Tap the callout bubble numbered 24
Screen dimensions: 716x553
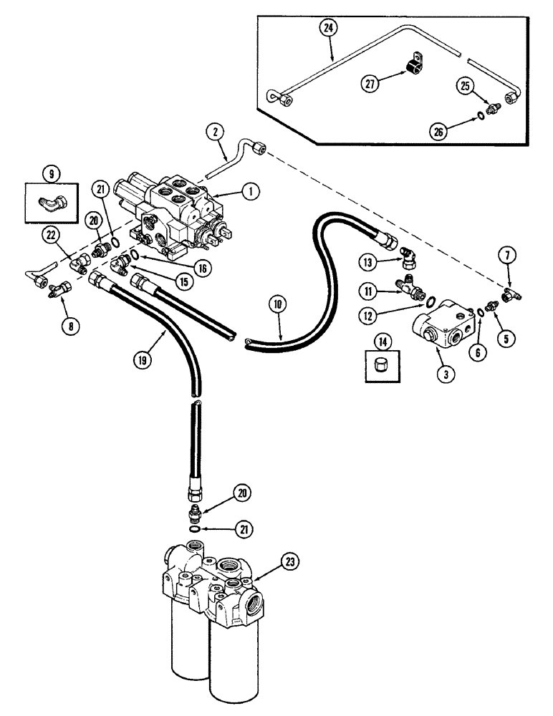[x=328, y=29]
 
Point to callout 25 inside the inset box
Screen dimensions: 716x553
[x=466, y=87]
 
